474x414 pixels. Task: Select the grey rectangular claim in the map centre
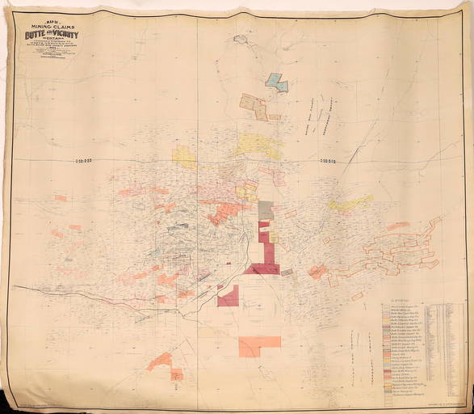tap(264, 209)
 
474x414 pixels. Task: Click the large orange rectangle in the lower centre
tap(259, 346)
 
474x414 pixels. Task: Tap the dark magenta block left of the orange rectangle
tap(229, 297)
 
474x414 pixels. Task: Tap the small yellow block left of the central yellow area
tap(184, 156)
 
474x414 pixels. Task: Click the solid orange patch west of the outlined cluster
tap(318, 272)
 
